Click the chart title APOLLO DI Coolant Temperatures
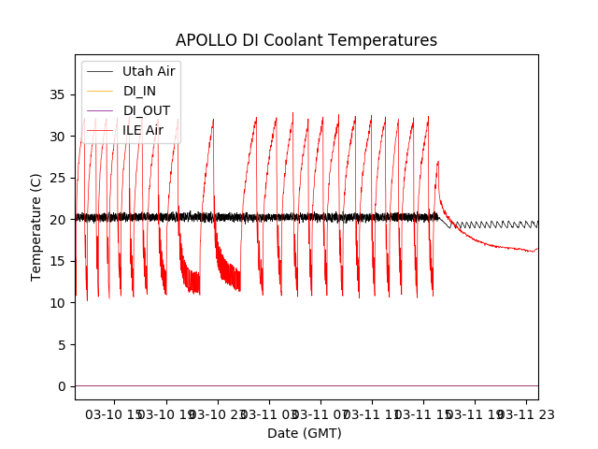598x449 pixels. pos(306,40)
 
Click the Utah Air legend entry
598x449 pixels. pos(149,71)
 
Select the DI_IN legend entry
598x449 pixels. pos(141,91)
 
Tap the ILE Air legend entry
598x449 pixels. pos(142,130)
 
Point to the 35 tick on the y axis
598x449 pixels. pos(58,94)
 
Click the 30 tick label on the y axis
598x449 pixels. pos(58,137)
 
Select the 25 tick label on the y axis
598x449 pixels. pos(58,178)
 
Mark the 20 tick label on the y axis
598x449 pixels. pos(58,220)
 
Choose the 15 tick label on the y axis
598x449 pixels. pos(58,261)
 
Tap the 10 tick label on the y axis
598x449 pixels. pos(58,303)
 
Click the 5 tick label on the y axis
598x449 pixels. pos(62,344)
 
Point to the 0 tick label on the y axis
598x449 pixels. pos(62,386)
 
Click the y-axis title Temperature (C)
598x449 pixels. pos(36,227)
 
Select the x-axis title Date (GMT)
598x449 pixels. pos(305,433)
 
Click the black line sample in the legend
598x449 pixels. pos(101,71)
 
